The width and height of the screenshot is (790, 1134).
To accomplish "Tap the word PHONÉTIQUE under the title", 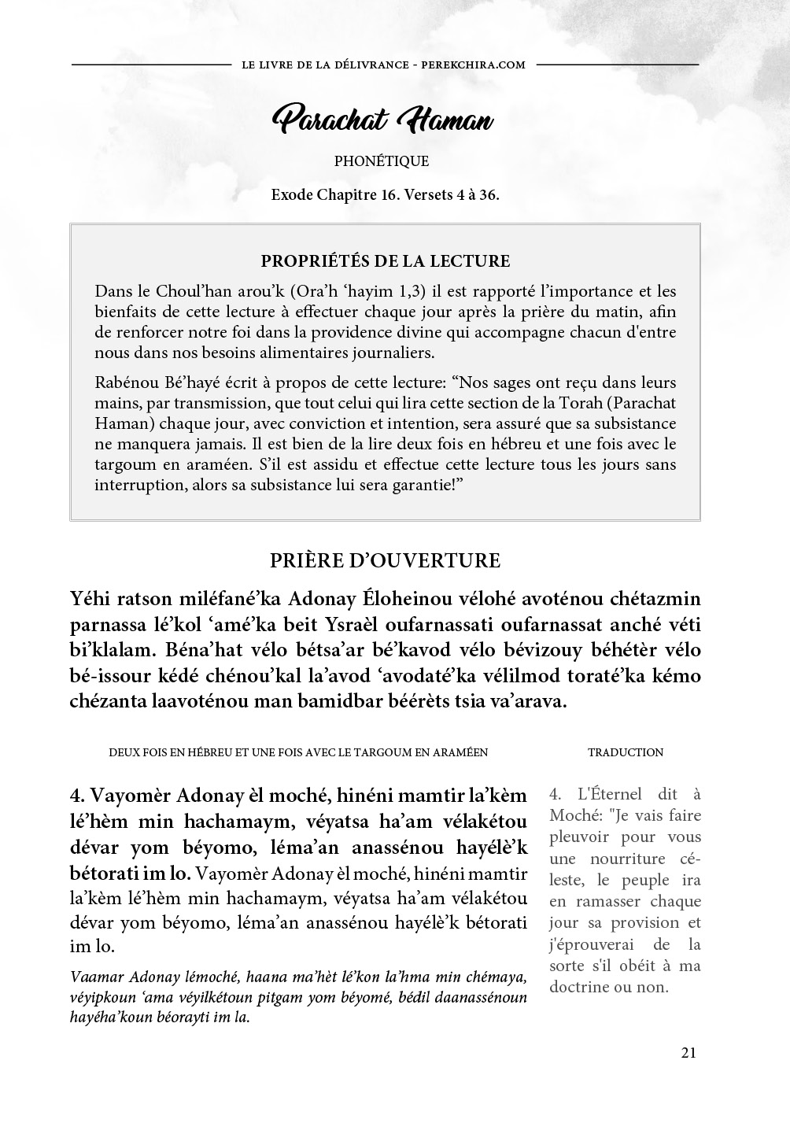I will (382, 161).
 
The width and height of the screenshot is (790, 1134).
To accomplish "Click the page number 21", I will (688, 1053).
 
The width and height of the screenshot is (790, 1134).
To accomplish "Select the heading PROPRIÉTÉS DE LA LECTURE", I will (385, 261).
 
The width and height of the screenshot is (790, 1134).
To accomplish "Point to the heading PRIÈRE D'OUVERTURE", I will (385, 560).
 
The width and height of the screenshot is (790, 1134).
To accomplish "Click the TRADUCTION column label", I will (626, 752).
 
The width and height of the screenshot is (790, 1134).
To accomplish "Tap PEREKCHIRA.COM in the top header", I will (474, 65).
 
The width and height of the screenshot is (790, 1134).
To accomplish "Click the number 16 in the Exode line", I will (387, 195).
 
